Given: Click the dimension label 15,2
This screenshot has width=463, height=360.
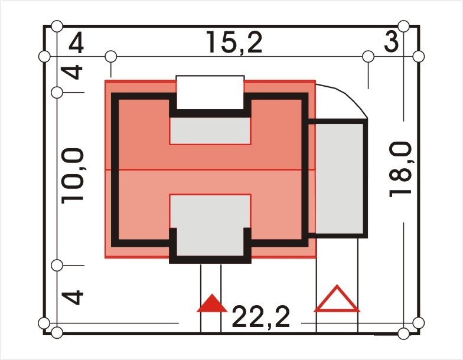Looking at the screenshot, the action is point(234,42).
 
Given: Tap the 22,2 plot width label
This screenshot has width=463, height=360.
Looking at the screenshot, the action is point(261,318).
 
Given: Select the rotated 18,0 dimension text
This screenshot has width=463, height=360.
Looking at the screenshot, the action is point(400,169).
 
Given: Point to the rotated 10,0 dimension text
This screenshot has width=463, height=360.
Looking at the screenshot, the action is point(73,176).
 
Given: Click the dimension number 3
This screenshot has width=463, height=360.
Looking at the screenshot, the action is point(391,42).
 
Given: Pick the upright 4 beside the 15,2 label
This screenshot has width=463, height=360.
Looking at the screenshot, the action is point(76,44).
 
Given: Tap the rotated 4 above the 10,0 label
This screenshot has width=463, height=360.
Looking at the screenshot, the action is point(72,72).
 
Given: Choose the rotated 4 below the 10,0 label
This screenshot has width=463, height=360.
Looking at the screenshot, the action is point(73,297).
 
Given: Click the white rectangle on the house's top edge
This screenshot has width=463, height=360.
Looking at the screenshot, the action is point(210,92).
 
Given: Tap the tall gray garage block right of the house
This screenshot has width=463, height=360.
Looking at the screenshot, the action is point(340,178).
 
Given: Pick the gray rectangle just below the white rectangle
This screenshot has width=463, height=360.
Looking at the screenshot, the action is point(210,131).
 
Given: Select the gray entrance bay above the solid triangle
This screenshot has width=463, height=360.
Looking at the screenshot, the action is point(210,225).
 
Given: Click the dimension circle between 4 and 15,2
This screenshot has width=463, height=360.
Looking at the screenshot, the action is point(111,57).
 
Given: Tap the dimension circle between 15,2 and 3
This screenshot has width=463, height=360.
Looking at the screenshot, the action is point(369,57).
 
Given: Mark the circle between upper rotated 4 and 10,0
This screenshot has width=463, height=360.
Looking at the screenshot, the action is point(57,93).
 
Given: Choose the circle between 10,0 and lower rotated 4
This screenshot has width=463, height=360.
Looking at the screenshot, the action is point(57,266).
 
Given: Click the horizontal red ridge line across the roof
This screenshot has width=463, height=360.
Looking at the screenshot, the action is point(210,170).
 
